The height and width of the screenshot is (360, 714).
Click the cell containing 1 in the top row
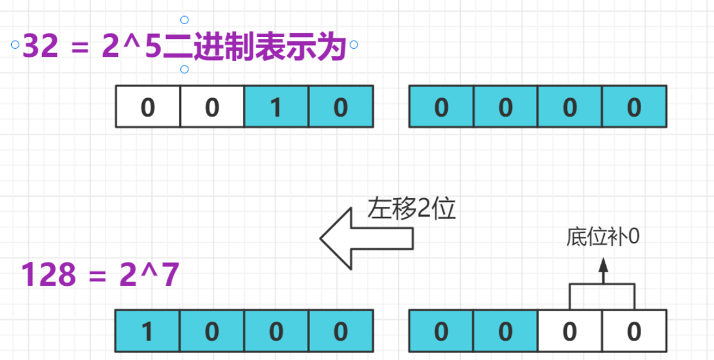point(276,107)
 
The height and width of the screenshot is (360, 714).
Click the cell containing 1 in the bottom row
point(148,332)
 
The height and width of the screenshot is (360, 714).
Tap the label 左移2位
point(411,209)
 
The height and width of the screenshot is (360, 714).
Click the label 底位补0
point(603,237)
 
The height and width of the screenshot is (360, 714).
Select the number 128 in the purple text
point(49,275)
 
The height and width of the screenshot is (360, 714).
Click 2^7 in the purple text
point(148,275)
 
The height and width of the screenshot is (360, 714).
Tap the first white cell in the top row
point(148,107)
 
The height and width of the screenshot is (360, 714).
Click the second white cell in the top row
point(212,107)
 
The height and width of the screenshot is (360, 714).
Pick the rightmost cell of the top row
point(634,107)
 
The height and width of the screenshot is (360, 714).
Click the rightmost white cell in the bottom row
point(634,332)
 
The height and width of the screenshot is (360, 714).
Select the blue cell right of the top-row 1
point(340,107)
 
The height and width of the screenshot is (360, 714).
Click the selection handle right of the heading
point(354,44)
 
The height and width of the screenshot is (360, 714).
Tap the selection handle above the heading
point(184,20)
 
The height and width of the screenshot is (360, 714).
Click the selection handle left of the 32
point(15,44)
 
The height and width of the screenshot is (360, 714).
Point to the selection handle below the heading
point(184,69)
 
